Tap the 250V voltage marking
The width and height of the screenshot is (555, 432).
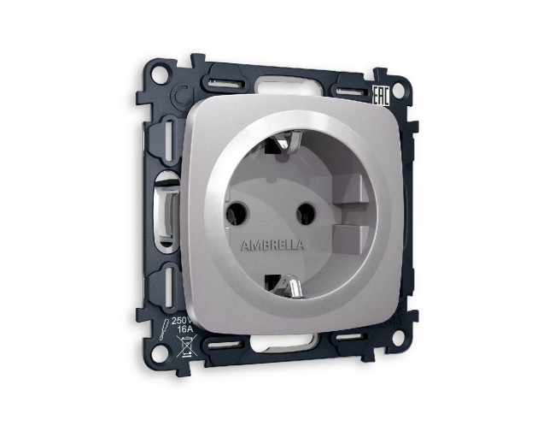pos(182,321)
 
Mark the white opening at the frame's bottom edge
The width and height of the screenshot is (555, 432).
pos(282,346)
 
